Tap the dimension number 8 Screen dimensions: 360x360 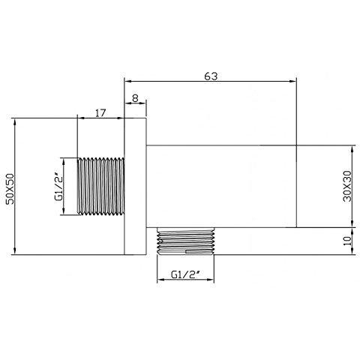[x=134, y=97]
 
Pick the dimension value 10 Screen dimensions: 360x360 [x=346, y=241]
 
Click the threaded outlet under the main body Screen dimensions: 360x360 [x=187, y=241]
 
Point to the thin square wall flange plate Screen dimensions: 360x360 [x=135, y=187]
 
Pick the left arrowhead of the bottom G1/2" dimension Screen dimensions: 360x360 [x=158, y=281]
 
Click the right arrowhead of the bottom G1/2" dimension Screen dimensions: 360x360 [x=217, y=281]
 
